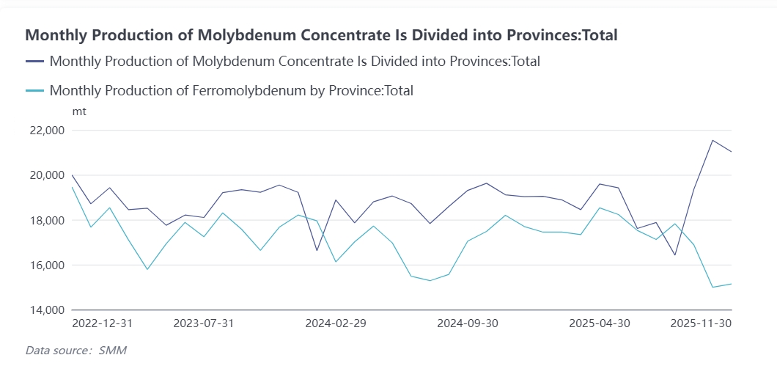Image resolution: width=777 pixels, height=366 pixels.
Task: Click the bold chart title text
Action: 322,34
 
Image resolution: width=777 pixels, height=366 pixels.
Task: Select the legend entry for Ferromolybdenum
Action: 231,91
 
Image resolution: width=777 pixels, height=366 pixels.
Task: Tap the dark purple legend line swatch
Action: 34,62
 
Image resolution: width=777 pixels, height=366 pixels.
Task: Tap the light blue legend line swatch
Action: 34,91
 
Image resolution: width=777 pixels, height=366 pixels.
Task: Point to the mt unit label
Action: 79,111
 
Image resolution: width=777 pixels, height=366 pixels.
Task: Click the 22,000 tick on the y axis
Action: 46,131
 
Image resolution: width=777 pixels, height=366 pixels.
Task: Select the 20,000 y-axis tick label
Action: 46,175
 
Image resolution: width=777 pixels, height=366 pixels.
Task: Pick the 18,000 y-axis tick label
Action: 46,220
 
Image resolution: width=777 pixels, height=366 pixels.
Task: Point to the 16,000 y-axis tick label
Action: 46,265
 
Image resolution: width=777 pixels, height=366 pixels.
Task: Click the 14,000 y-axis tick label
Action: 46,310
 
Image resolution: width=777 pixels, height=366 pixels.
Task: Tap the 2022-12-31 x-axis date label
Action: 103,323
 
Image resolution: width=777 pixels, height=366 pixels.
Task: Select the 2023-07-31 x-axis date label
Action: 204,323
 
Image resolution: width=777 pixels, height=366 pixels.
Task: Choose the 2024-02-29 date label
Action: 335,323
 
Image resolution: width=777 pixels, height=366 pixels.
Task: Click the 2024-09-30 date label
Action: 467,323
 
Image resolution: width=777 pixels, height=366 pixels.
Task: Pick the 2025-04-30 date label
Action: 600,323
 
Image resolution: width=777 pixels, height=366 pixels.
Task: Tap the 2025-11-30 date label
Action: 701,323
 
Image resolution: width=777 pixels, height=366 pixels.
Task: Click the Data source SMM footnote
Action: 70,351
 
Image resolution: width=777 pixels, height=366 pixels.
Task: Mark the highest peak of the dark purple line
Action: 712,140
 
